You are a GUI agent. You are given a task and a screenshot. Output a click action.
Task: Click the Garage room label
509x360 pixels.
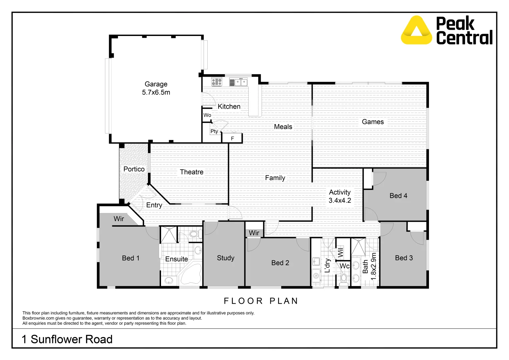(156, 84)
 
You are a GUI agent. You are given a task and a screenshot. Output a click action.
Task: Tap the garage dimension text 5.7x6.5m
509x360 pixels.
(156, 93)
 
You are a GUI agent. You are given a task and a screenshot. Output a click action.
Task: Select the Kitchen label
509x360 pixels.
(229, 107)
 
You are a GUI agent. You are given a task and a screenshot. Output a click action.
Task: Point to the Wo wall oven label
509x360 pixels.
(207, 115)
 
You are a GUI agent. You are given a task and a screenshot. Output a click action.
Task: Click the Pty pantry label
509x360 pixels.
(214, 131)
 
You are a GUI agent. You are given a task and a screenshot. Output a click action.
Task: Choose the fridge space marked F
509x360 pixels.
(232, 138)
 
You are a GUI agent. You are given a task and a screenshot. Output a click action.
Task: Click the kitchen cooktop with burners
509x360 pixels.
(217, 82)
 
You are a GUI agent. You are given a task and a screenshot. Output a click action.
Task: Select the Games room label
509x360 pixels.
(373, 122)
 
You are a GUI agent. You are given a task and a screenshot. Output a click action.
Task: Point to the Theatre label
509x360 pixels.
(191, 172)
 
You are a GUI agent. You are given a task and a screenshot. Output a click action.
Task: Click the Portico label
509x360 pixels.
(134, 169)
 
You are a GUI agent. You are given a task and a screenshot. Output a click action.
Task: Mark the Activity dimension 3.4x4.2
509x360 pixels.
(340, 201)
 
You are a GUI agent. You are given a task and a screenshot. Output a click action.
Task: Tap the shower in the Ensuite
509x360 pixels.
(168, 235)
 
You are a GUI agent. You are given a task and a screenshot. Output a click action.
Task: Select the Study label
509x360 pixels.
(225, 258)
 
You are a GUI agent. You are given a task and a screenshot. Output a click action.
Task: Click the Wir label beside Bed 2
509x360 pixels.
(254, 233)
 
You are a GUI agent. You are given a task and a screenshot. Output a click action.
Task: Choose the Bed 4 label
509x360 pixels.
(398, 196)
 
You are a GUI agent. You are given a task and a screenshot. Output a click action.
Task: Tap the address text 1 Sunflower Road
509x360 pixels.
(67, 339)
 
